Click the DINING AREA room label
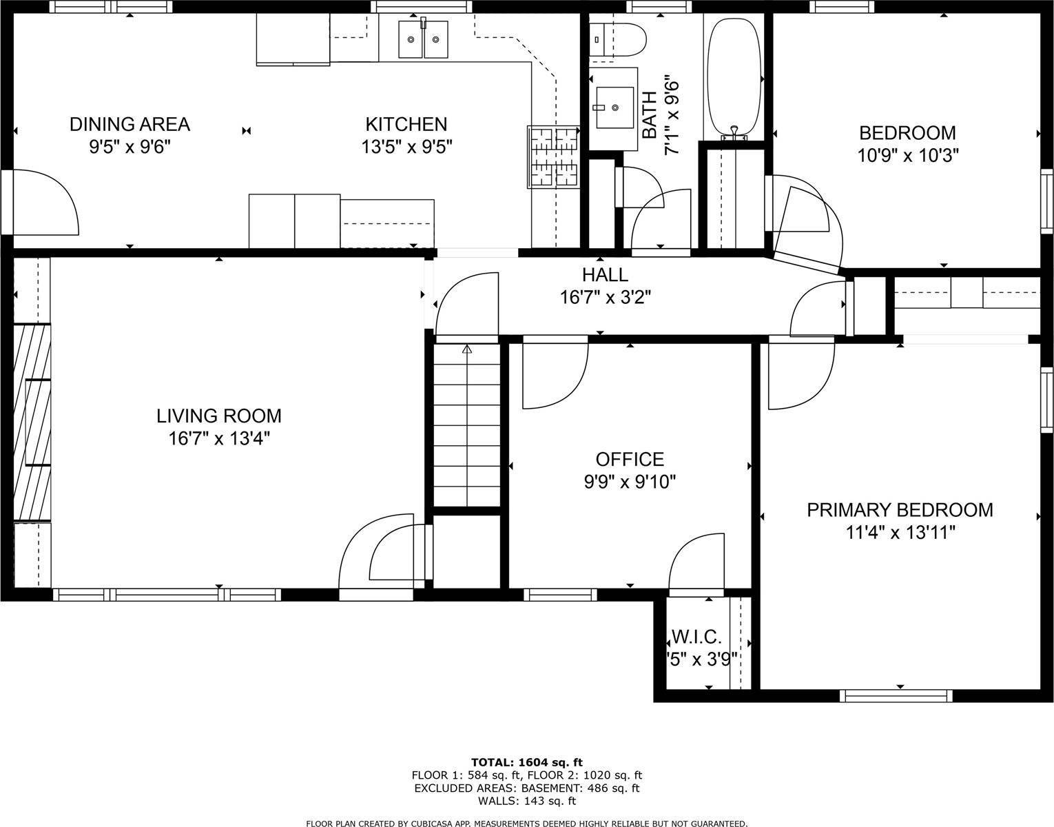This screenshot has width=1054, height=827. (130, 125)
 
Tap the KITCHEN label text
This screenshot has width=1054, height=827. (406, 125)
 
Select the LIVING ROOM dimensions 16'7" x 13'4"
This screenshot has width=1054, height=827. (219, 438)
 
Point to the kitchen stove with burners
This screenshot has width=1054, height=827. (553, 157)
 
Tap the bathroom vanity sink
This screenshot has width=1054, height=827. (614, 108)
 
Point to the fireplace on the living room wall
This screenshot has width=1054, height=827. (32, 422)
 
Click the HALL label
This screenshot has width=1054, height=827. (605, 275)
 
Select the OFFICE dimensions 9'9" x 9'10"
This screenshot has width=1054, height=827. (630, 481)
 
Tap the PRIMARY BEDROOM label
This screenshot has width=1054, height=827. (900, 510)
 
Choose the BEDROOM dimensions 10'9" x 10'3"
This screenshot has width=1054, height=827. (908, 155)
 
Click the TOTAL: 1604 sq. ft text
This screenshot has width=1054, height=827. (527, 762)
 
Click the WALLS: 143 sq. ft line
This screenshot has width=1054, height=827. (527, 801)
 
